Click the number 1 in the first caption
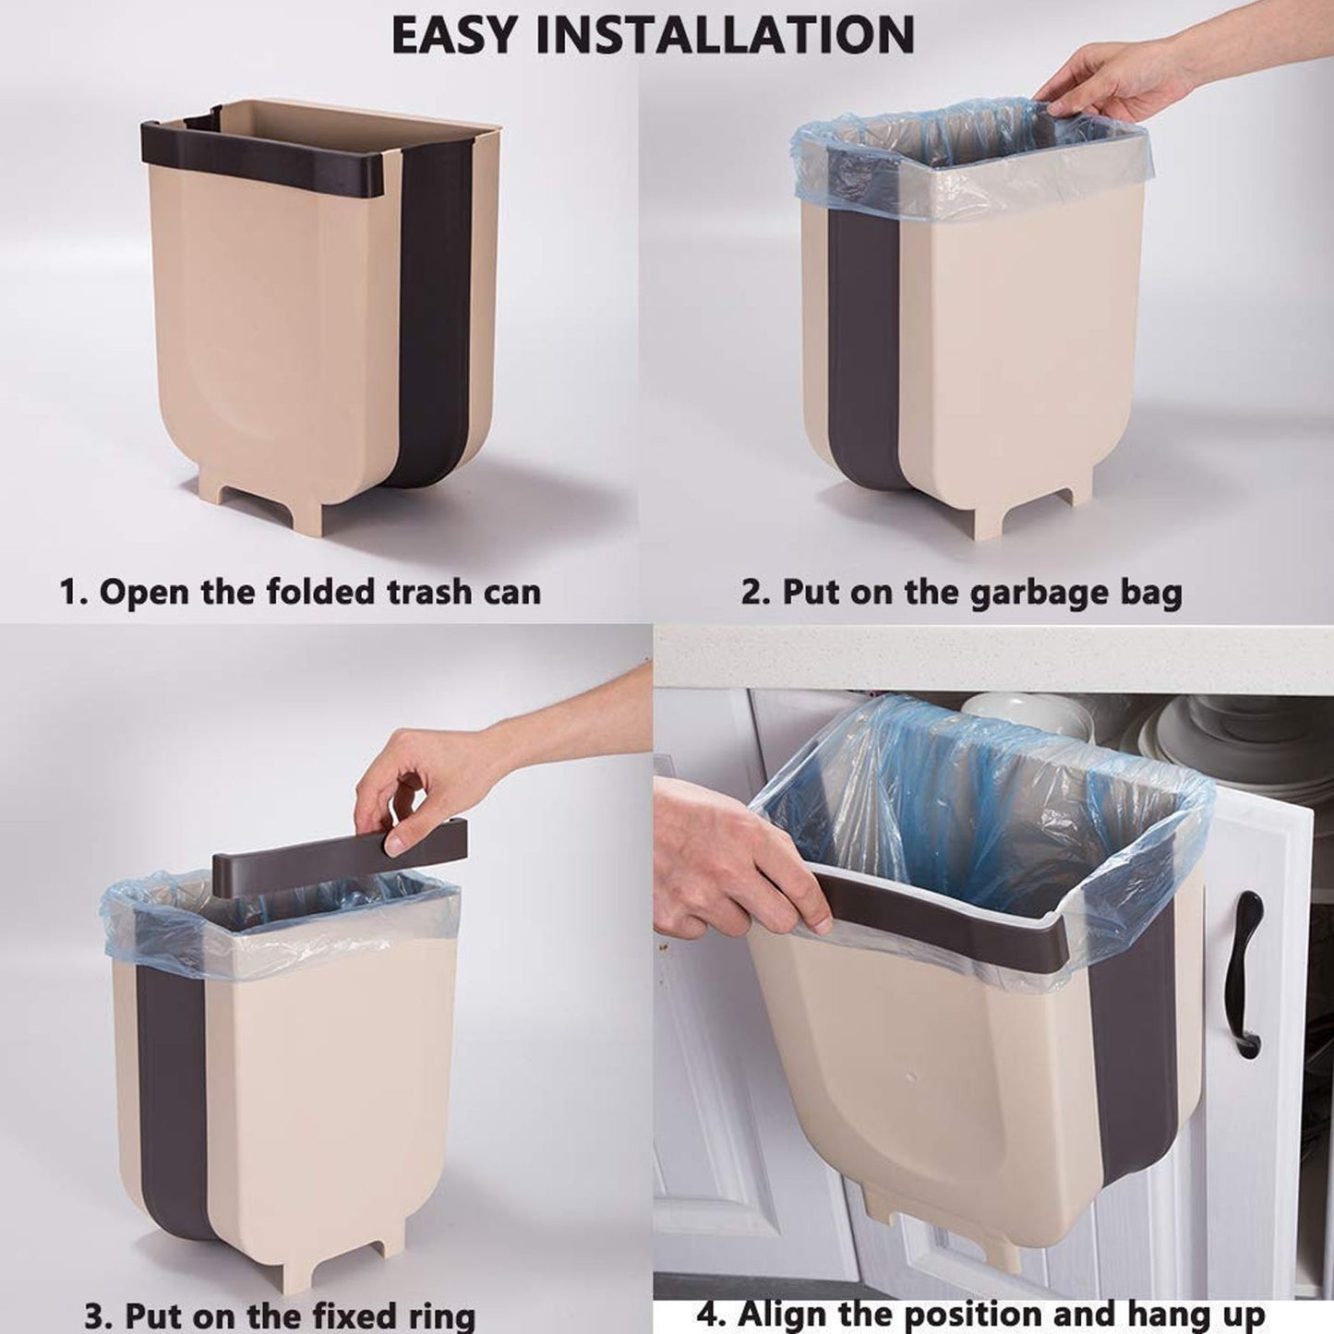[69, 591]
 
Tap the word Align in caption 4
[786, 1312]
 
